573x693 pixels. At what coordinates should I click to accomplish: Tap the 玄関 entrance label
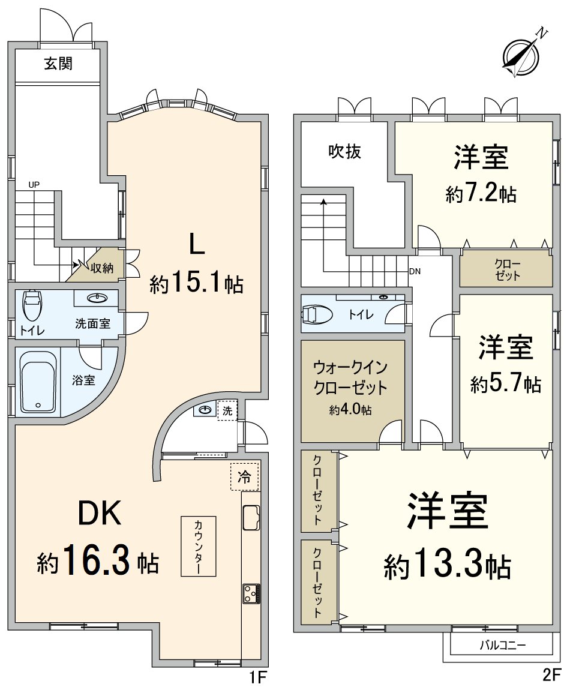pos(58,64)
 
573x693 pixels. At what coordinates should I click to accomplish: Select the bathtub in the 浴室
pos(38,382)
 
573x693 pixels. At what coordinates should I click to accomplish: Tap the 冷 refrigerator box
pos(244,477)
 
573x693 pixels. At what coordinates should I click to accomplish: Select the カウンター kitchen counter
pos(199,546)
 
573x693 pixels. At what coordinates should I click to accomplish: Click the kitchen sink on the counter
pos(250,517)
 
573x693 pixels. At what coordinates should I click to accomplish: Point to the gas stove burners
pos(250,593)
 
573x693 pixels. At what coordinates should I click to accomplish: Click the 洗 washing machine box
pos(227,411)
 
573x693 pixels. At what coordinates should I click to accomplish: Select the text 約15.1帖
pos(196,283)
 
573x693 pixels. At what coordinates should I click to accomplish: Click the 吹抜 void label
pos(344,152)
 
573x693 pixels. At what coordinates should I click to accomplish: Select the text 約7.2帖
pos(481,194)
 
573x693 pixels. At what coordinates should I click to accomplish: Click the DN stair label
pos(415,271)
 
